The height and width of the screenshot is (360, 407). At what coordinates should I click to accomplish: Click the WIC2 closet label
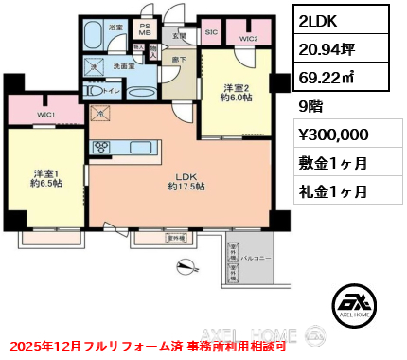(248, 38)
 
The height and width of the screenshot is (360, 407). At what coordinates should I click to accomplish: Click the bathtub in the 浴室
(93, 36)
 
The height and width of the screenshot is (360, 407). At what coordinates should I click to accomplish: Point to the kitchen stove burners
(100, 147)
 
